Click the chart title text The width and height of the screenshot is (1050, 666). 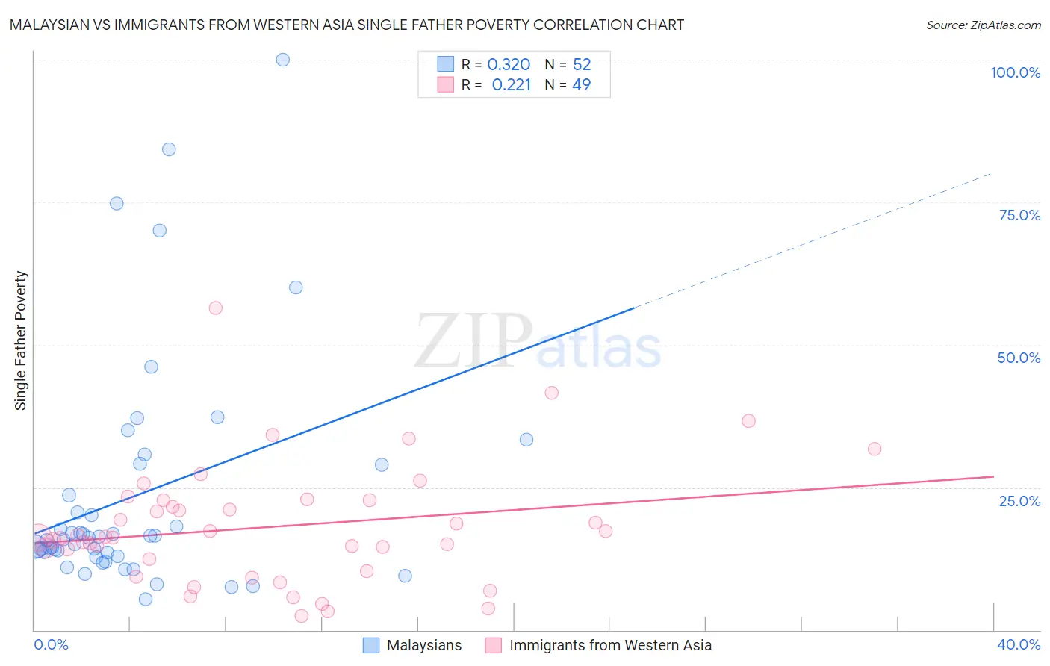(x=347, y=25)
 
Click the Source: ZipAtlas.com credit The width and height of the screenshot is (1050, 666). (x=983, y=25)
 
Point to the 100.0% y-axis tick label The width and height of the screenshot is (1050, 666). (x=1015, y=72)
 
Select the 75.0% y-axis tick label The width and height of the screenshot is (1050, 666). (x=1019, y=215)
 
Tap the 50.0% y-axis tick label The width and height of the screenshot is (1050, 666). (x=1019, y=358)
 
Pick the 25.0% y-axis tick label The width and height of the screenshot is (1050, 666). (x=1019, y=501)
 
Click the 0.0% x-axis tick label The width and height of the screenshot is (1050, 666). (x=51, y=644)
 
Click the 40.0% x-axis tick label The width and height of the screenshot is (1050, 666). (x=1019, y=644)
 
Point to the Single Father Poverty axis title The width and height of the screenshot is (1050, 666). (x=21, y=340)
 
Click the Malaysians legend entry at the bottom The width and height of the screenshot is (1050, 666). (x=423, y=645)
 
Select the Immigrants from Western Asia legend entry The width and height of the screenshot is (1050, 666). (x=609, y=645)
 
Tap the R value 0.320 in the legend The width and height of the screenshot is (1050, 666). (x=509, y=65)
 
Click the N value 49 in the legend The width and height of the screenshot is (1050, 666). (x=581, y=85)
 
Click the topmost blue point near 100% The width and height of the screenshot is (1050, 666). (x=283, y=60)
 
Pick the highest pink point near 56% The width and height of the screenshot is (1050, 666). (x=216, y=308)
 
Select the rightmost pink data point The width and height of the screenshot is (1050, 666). (x=875, y=449)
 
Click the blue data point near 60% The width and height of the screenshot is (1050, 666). (x=296, y=287)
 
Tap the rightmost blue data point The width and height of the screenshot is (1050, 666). (x=526, y=440)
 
